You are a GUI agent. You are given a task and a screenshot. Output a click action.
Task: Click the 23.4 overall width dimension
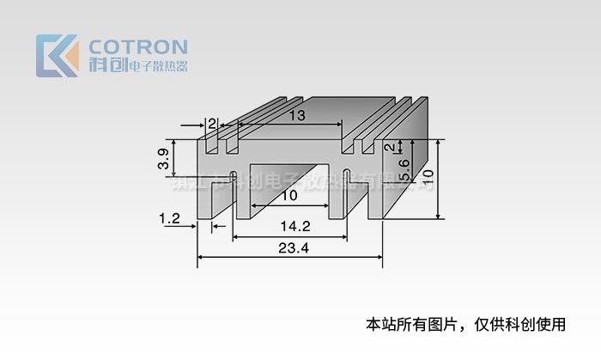click(x=294, y=249)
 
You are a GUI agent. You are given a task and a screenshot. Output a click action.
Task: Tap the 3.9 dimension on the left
click(x=162, y=158)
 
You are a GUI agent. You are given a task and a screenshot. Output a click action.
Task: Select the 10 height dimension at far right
click(x=428, y=175)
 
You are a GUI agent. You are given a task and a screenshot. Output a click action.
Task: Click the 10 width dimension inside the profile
click(x=289, y=196)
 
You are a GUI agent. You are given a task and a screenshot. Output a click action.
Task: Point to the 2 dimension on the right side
click(x=388, y=147)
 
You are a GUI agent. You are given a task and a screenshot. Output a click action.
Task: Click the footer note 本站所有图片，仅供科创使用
click(x=466, y=325)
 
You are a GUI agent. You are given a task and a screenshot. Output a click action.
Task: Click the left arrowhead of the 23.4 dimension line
click(x=201, y=256)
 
